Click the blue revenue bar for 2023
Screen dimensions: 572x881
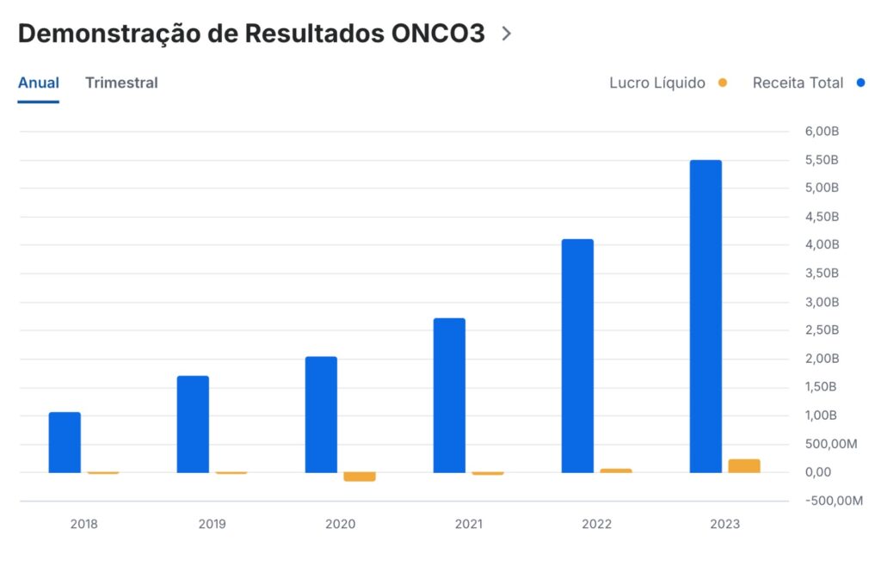(705, 317)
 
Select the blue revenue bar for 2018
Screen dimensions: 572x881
(65, 442)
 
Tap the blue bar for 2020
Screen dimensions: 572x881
(321, 415)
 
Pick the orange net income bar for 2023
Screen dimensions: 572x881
(744, 465)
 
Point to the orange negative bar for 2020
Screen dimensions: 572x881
(360, 477)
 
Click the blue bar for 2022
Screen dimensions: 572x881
(577, 355)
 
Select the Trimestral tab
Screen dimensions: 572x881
(121, 83)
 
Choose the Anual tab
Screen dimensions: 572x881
(39, 83)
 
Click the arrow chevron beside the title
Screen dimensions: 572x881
(507, 34)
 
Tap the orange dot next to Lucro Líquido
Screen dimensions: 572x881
(723, 83)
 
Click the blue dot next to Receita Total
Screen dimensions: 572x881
(861, 83)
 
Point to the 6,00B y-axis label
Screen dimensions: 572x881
(822, 132)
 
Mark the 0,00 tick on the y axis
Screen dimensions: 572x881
(818, 472)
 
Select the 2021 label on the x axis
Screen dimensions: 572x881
(468, 524)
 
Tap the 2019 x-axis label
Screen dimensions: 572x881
(212, 524)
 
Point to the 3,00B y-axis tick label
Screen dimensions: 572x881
(822, 302)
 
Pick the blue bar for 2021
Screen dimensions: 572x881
(449, 395)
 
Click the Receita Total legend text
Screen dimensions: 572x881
(798, 83)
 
